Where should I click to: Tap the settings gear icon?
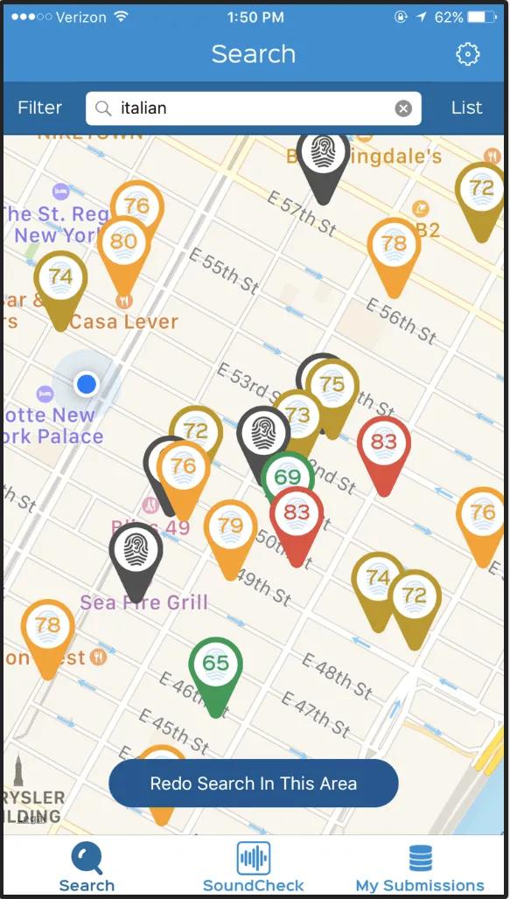(x=468, y=54)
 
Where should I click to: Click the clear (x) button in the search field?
(x=403, y=108)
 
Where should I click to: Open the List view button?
(x=466, y=108)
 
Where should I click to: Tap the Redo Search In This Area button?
(x=254, y=783)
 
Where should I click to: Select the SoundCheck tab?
(x=253, y=866)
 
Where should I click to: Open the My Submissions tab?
(x=420, y=866)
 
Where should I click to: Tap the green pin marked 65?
(x=215, y=664)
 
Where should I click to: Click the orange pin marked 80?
(x=123, y=242)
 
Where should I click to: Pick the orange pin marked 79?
(x=230, y=526)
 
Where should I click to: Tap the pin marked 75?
(x=332, y=385)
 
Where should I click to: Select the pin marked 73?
(x=298, y=415)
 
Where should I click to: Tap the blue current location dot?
(x=86, y=383)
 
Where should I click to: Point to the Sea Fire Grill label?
(x=144, y=603)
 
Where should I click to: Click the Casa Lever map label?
(x=123, y=322)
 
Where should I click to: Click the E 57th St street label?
(x=302, y=213)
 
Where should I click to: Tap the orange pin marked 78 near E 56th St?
(x=395, y=245)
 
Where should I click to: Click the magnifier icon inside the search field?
(x=104, y=108)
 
